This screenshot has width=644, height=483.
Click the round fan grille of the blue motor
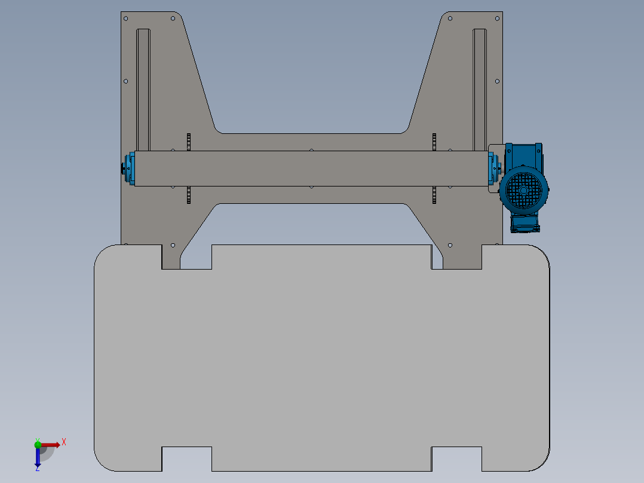coord(523,190)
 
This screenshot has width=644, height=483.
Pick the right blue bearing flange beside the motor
coord(493,169)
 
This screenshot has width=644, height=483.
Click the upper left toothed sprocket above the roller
coord(189,142)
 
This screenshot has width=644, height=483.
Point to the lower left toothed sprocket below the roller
coord(189,195)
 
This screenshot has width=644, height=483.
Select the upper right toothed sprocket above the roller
coord(434,142)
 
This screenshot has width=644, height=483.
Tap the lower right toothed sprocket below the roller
coord(434,195)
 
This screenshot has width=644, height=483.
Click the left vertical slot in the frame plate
coord(143,90)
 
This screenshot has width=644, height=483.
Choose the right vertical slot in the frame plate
coord(480,90)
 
